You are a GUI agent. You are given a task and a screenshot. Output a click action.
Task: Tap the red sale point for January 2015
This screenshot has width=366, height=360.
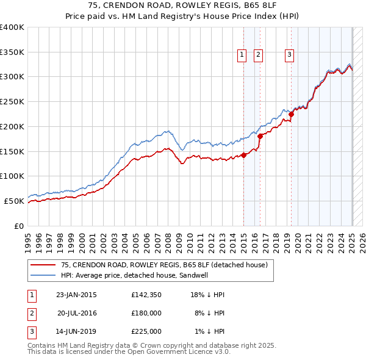pyautogui.click(x=243, y=155)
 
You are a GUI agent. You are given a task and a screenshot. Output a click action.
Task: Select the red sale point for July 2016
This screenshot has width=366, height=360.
pyautogui.click(x=260, y=136)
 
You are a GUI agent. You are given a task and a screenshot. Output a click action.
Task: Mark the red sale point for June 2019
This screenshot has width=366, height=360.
pyautogui.click(x=292, y=113)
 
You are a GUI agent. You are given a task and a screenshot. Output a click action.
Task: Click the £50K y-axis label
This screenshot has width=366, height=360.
pyautogui.click(x=14, y=201)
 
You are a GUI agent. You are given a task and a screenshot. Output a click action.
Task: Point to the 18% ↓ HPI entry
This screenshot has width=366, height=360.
pyautogui.click(x=207, y=295)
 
